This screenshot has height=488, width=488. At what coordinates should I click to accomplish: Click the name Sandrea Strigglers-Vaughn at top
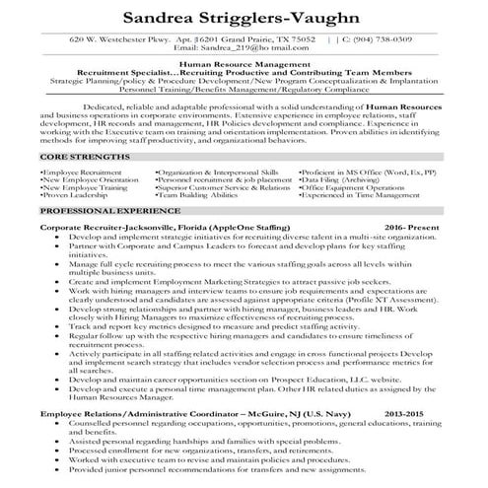244,18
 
